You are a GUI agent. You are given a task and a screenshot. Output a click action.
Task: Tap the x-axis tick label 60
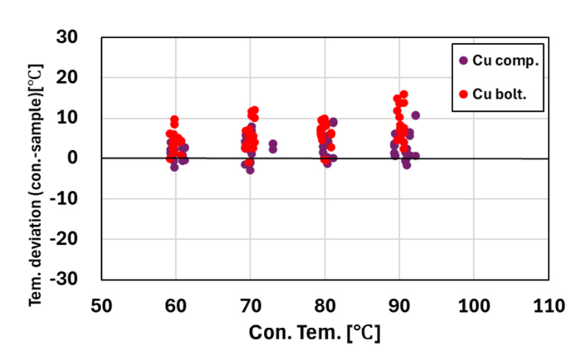point(175,305)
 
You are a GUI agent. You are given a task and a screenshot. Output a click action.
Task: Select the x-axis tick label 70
point(250,305)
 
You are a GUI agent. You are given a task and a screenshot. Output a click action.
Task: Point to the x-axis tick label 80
point(325,305)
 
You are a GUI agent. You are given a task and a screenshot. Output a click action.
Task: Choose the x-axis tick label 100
point(473,305)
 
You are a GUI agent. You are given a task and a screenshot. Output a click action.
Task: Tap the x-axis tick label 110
point(548,305)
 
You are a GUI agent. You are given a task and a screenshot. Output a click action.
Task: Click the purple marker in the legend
point(463,61)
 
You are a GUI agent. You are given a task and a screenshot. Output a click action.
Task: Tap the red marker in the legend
point(463,95)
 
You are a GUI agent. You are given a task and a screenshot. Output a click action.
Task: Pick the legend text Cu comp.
point(505,61)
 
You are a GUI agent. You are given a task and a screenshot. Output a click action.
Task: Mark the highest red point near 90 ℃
point(403,95)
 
